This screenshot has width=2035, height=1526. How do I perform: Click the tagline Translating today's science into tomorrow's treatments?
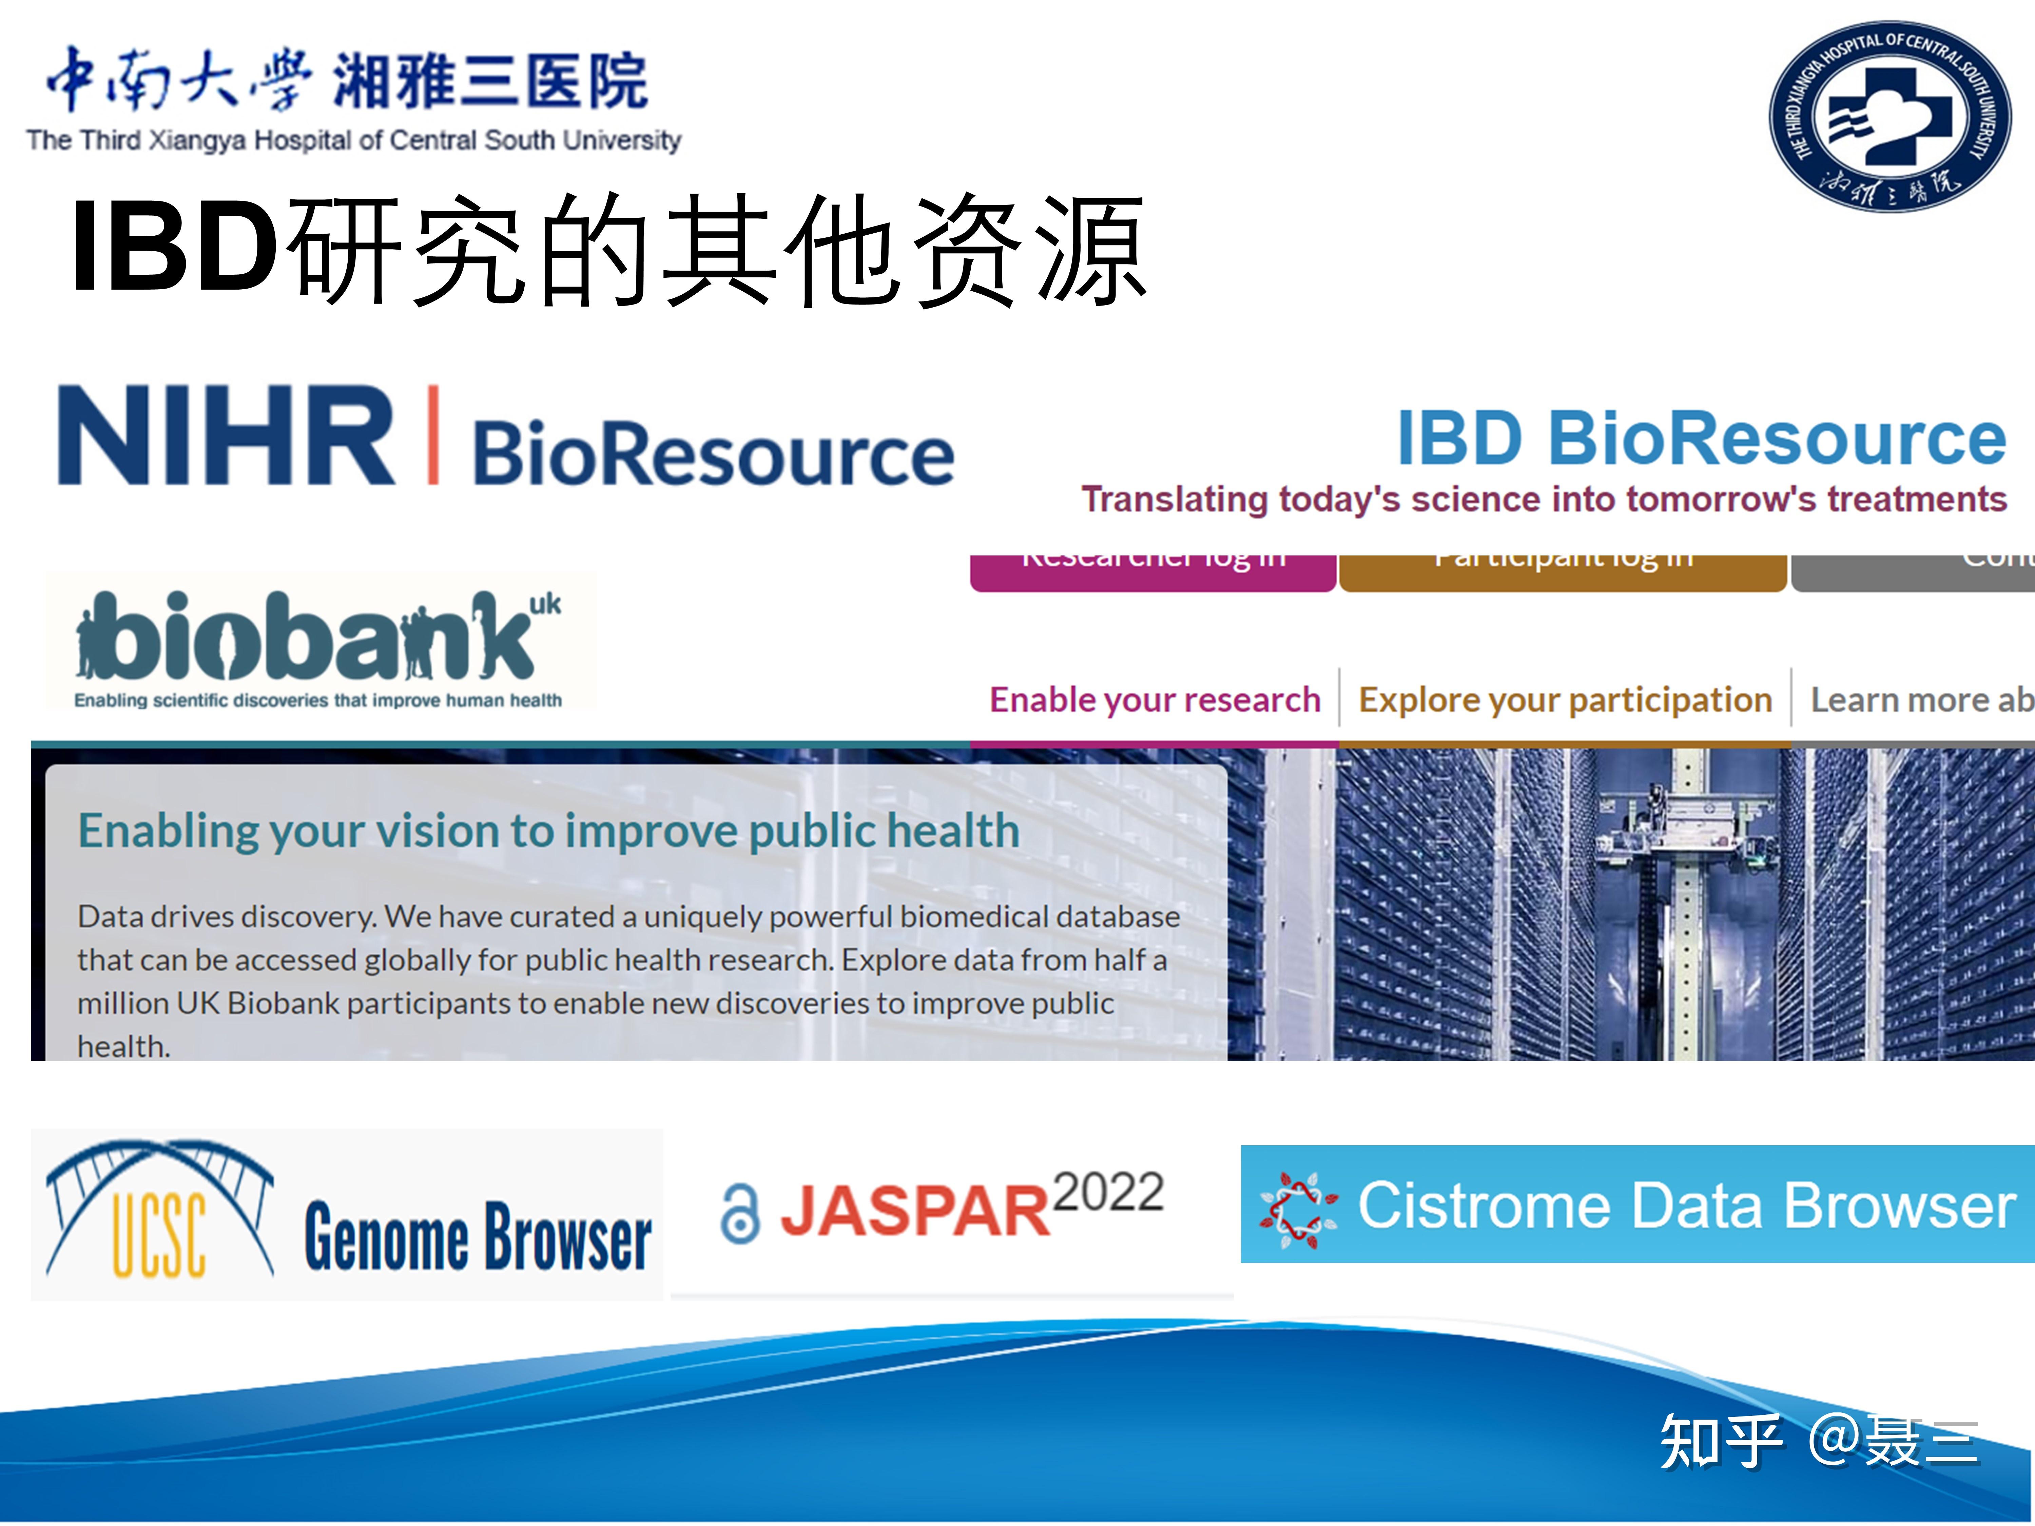[1543, 500]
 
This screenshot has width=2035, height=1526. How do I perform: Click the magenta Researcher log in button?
[1153, 570]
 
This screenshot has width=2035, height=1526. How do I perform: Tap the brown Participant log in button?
[1562, 570]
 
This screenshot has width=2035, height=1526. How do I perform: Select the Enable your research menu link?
[1155, 700]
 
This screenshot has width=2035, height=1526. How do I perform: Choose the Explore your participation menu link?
[1565, 700]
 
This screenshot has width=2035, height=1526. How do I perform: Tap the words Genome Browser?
[478, 1237]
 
